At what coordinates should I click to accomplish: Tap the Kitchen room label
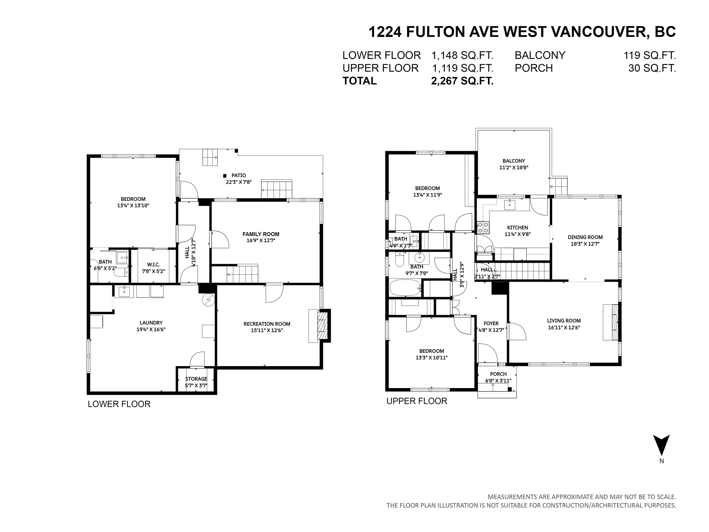coord(517,228)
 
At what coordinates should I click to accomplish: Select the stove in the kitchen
coord(483,228)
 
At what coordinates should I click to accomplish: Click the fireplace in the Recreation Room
coord(319,326)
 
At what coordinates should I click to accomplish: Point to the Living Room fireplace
coord(610,322)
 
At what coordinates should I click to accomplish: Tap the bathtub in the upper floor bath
coord(405,288)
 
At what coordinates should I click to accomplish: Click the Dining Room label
coord(585,237)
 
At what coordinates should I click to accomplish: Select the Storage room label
coord(196,379)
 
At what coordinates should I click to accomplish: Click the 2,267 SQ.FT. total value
coord(462,81)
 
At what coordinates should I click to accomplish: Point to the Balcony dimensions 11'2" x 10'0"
coord(514,167)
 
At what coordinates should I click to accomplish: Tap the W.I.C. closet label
coord(153,265)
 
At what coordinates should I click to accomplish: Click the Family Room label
coord(261,234)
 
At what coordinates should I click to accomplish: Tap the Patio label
coord(239,175)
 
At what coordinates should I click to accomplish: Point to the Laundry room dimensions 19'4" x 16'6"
coord(151,329)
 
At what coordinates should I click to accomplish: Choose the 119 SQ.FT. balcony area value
coord(650,55)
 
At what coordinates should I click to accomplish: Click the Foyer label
coord(491,323)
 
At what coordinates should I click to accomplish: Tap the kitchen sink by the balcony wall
coord(509,204)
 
